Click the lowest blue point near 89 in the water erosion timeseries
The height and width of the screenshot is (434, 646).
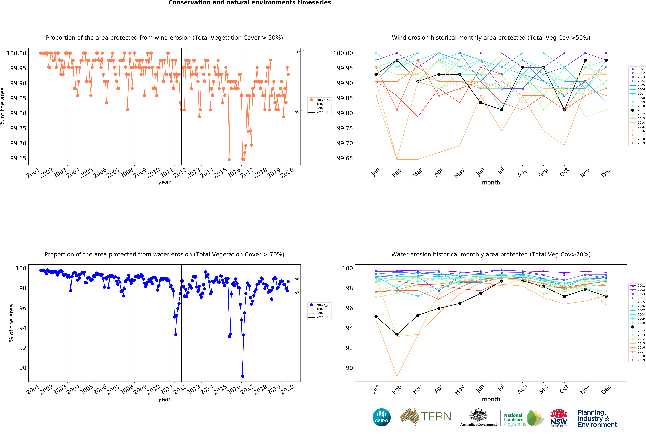[242, 376]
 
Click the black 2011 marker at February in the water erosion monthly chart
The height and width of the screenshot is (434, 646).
[397, 335]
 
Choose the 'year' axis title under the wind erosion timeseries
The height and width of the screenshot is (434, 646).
[164, 182]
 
